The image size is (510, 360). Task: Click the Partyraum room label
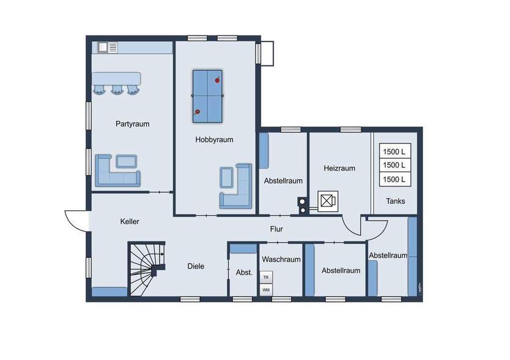(x=132, y=123)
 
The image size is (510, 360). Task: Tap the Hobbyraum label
(x=214, y=139)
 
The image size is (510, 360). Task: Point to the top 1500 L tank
(x=394, y=151)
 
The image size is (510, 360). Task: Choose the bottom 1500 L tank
(x=394, y=179)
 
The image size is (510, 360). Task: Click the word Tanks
(x=395, y=201)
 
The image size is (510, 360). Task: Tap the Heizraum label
(x=339, y=168)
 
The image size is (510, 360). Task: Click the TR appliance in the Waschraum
(x=266, y=277)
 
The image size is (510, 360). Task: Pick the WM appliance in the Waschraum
(x=266, y=289)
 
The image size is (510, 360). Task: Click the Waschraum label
(x=282, y=259)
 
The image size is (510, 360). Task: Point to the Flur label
(x=276, y=229)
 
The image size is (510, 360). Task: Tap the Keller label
(x=130, y=221)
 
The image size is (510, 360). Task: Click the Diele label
(x=196, y=266)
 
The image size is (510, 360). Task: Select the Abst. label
(x=244, y=273)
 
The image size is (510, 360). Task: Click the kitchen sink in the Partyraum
(x=103, y=46)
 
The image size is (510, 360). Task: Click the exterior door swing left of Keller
(x=76, y=221)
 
